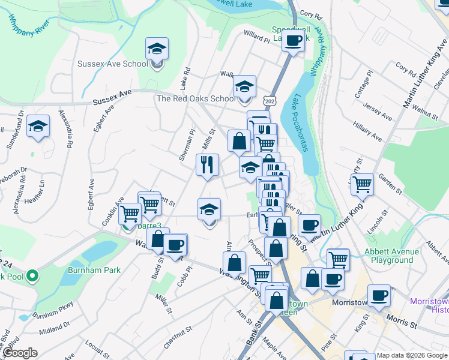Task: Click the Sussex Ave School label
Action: [x=112, y=64]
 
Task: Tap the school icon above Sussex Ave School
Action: [x=157, y=48]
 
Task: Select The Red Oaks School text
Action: [x=196, y=98]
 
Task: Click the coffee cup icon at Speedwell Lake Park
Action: [x=293, y=41]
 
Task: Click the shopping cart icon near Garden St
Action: [x=362, y=184]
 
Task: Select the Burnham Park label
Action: [x=94, y=270]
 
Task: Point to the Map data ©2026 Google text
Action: [x=412, y=355]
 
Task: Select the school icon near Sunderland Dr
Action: [x=38, y=126]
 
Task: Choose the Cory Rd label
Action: [x=307, y=13]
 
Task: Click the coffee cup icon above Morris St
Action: [x=379, y=295]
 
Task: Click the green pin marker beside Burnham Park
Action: [x=32, y=277]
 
